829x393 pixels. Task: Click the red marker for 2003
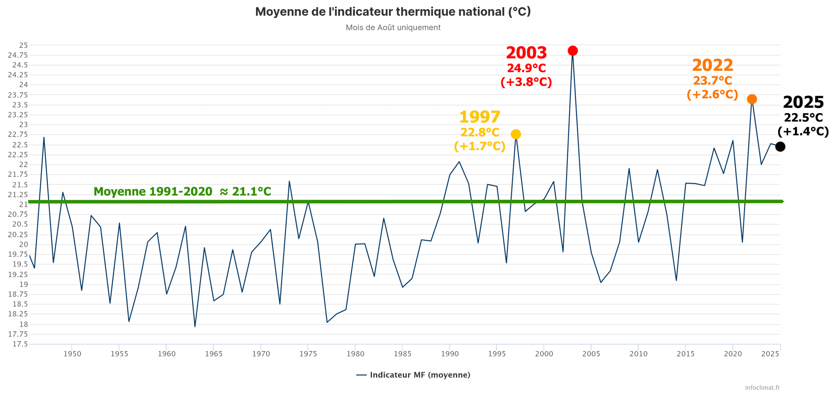click(x=573, y=51)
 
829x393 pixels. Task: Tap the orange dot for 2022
click(x=752, y=99)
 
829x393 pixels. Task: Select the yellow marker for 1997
click(x=516, y=135)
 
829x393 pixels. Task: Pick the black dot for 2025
click(x=780, y=147)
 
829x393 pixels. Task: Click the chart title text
click(x=393, y=12)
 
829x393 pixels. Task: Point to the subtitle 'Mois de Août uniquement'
click(x=393, y=28)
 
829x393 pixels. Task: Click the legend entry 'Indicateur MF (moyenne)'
click(x=420, y=375)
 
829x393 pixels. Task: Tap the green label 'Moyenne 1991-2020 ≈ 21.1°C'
click(x=182, y=192)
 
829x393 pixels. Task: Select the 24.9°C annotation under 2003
click(x=526, y=68)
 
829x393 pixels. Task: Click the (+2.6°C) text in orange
click(x=712, y=94)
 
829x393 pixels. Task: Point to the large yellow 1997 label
click(x=480, y=117)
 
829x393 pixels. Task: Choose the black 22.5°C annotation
click(x=804, y=118)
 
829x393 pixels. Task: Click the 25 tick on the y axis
click(x=23, y=45)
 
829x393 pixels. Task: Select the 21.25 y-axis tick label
click(x=18, y=195)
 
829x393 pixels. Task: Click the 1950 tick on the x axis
click(x=72, y=354)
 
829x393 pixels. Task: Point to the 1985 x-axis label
click(x=402, y=354)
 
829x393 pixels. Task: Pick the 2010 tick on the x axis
click(x=638, y=354)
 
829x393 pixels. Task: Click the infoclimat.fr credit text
click(x=763, y=387)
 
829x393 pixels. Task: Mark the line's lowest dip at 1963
click(x=195, y=327)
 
